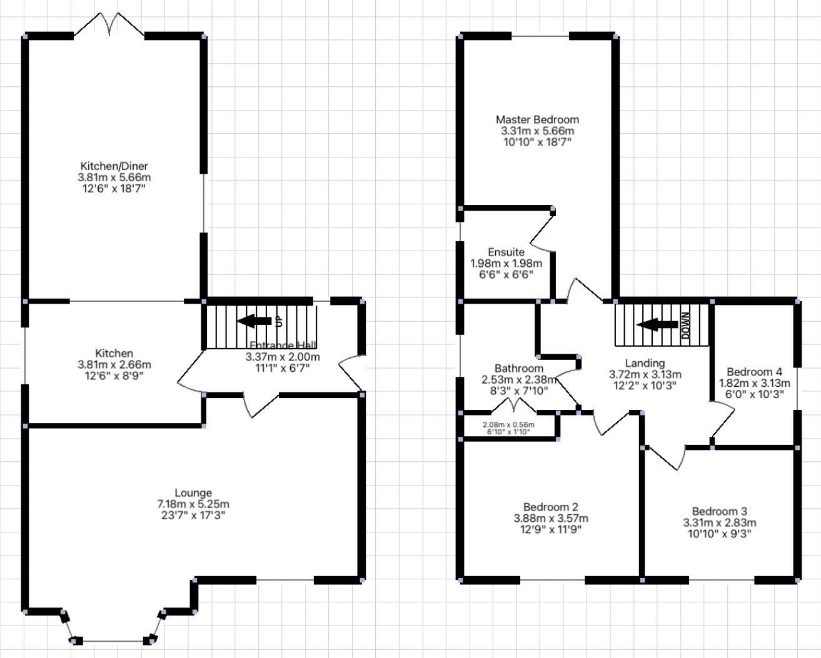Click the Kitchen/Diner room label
point(114,166)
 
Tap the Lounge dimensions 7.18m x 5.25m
point(193,504)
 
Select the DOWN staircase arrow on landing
point(657,325)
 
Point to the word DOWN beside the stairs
point(685,325)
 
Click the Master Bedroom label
point(537,119)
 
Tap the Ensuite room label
point(506,252)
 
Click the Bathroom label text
point(518,369)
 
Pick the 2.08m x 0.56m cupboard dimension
point(508,424)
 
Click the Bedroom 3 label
point(719,511)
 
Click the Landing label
point(645,363)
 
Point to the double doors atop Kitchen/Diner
point(110,24)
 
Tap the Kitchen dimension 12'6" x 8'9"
point(114,376)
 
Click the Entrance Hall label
point(283,346)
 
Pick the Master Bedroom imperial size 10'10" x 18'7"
point(537,142)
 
